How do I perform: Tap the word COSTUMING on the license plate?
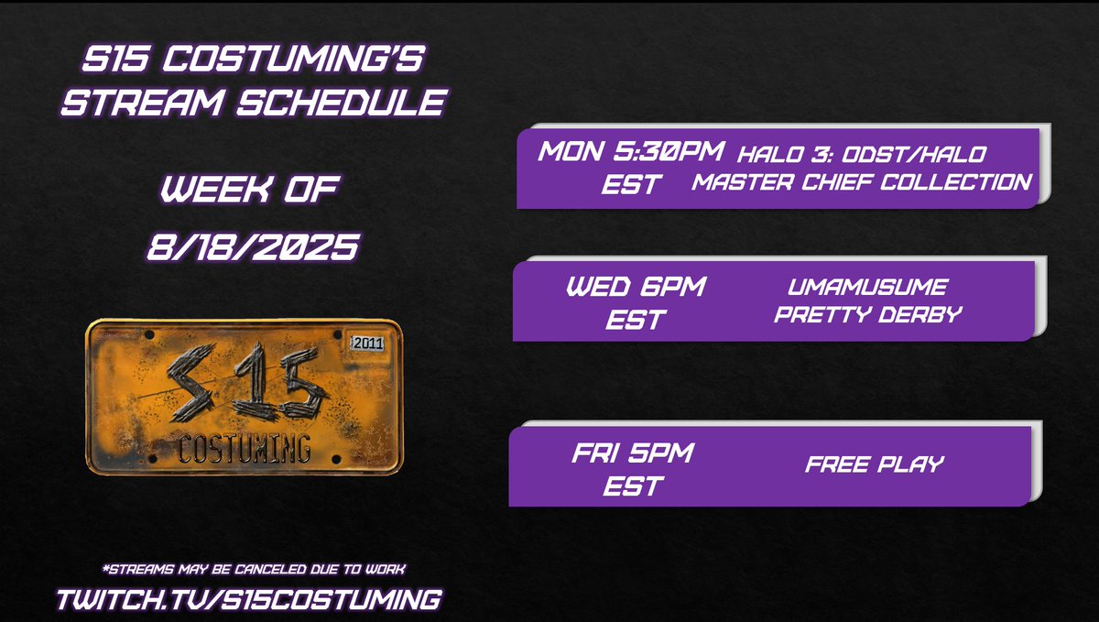[x=244, y=449]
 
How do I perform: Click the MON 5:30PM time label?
[x=631, y=151]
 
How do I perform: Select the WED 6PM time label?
[x=636, y=288]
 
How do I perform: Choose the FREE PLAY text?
[x=874, y=464]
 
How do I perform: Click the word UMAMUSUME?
[x=867, y=288]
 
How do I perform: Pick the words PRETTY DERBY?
[x=867, y=315]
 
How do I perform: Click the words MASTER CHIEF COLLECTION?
[x=861, y=181]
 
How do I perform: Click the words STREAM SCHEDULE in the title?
[x=252, y=102]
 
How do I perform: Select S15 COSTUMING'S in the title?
[x=252, y=62]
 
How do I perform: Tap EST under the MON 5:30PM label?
[x=631, y=183]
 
